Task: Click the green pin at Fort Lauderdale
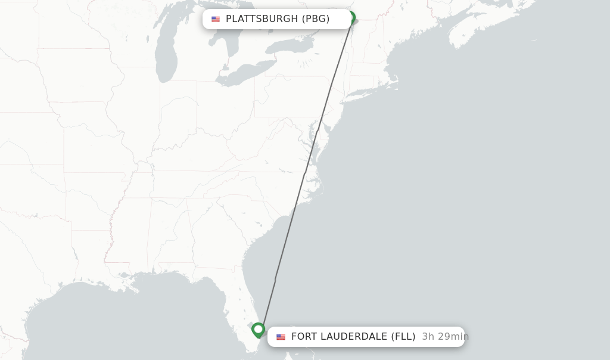point(258,329)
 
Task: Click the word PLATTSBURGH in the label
point(262,19)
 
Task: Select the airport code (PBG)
point(316,19)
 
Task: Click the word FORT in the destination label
point(304,337)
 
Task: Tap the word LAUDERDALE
point(354,337)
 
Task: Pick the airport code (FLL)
point(403,337)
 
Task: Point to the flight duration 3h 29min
point(445,337)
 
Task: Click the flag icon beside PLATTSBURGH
point(216,19)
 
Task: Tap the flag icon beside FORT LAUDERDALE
point(281,337)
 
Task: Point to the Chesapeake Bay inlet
point(315,143)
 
